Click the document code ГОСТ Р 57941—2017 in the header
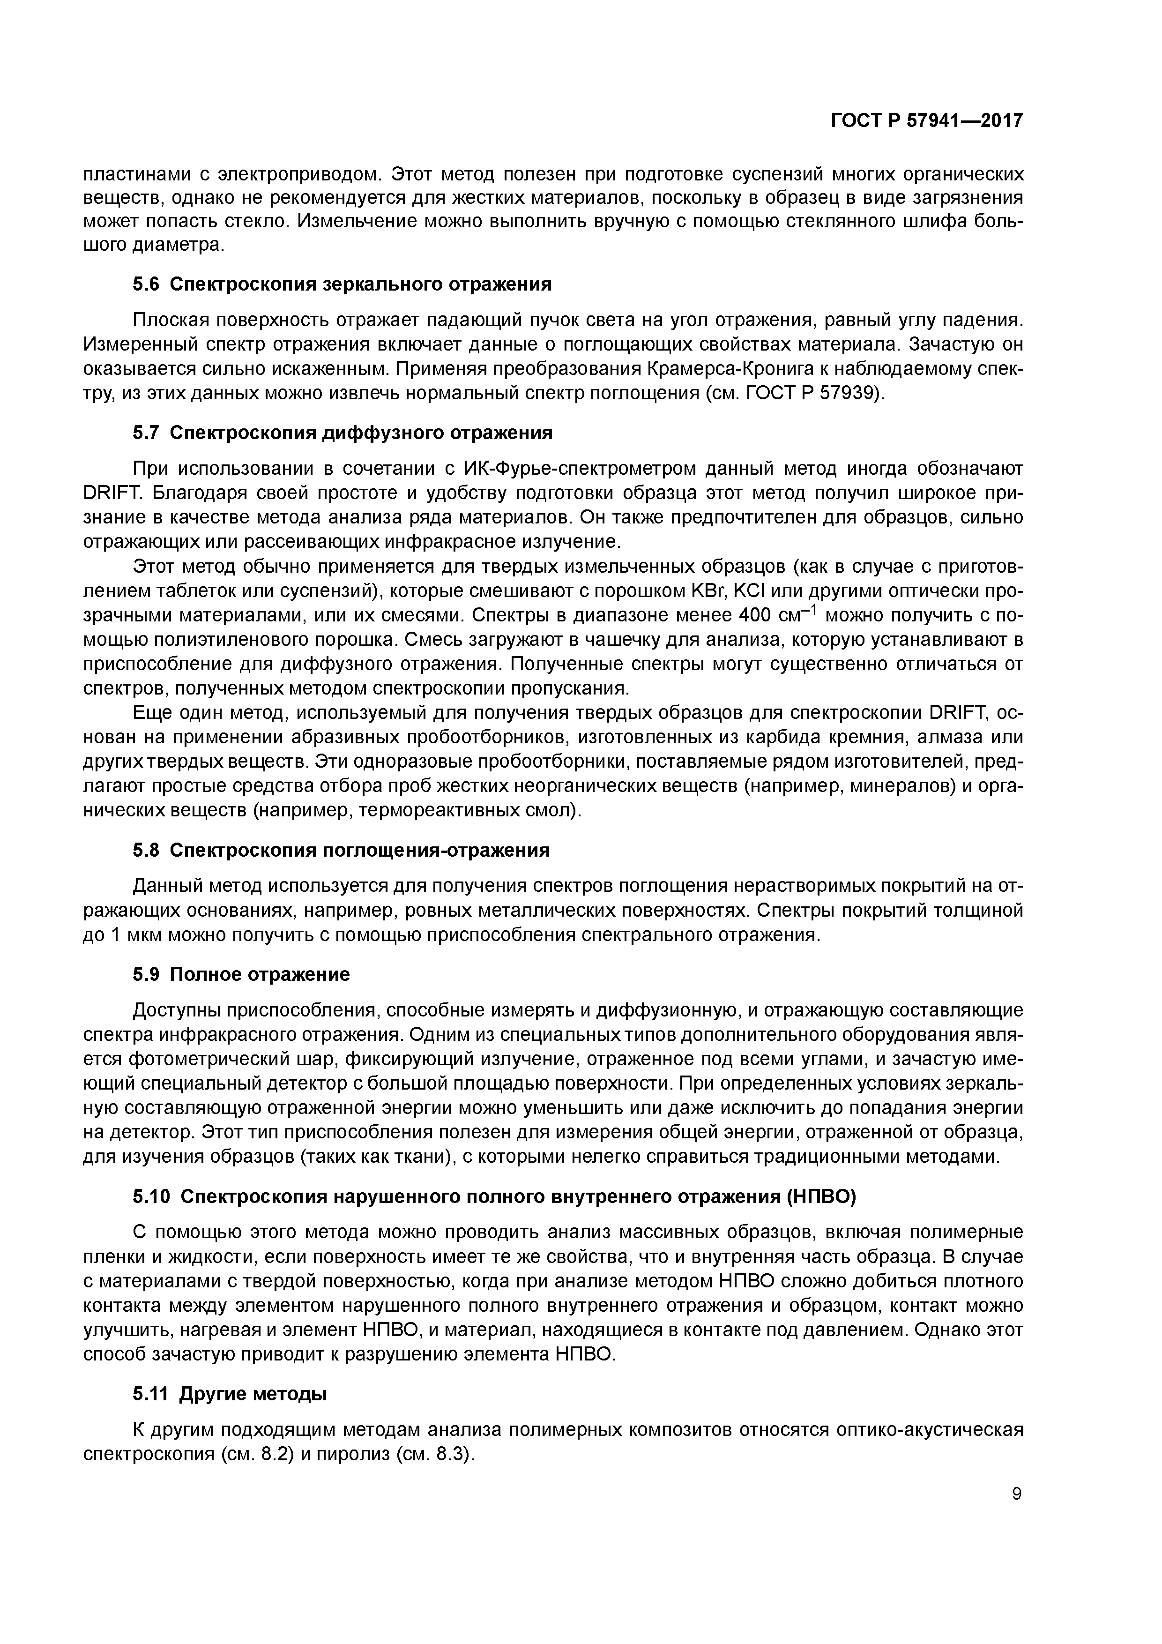click(x=926, y=121)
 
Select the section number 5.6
click(x=145, y=284)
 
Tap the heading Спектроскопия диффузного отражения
click(x=362, y=433)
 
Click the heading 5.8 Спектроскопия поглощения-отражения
click(x=341, y=851)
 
